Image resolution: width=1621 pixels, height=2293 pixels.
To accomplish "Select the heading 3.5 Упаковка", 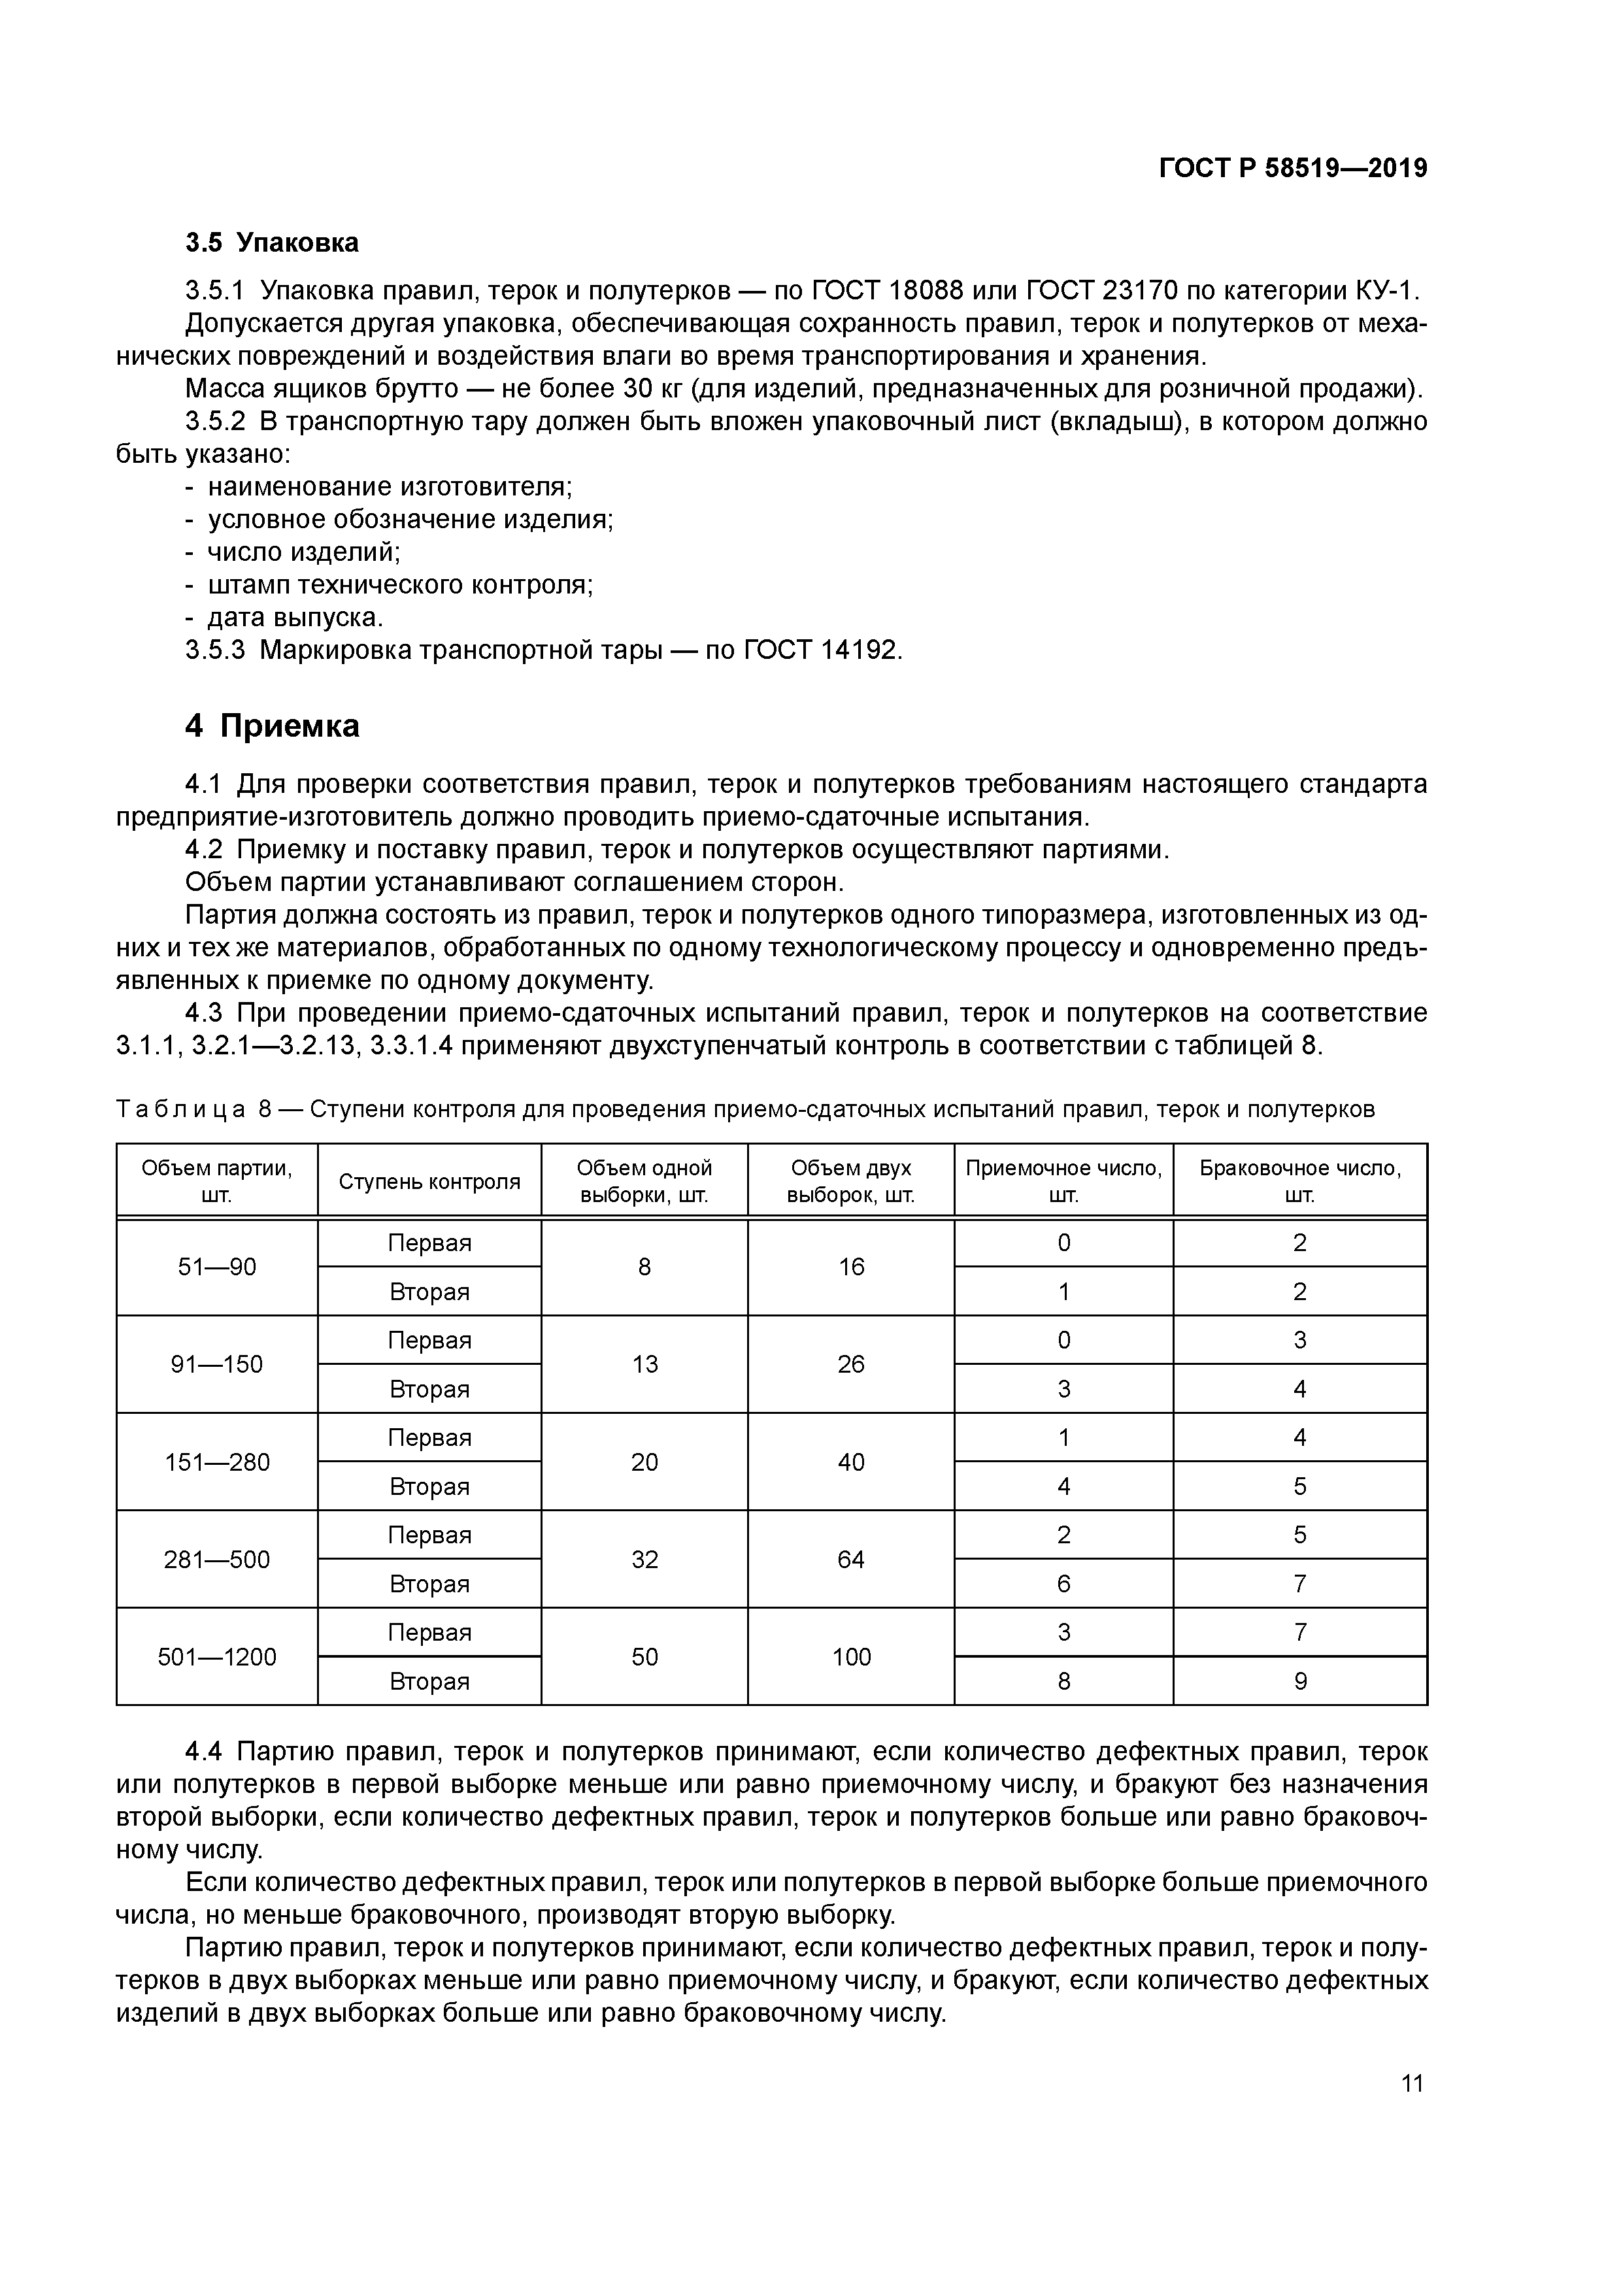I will (x=272, y=243).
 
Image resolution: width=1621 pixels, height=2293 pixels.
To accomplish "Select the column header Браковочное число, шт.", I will (x=1299, y=1181).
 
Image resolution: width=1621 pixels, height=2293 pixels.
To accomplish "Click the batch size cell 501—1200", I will (x=217, y=1657).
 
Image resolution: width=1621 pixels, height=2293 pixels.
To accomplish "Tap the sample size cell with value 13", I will (x=644, y=1364).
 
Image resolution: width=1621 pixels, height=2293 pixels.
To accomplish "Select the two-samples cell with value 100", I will (x=851, y=1657).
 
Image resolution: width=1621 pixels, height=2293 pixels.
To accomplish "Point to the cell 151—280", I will (x=217, y=1462).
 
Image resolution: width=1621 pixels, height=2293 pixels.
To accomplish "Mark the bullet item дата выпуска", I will (x=295, y=617).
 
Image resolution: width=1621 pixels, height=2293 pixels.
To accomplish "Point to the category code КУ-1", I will (x=1386, y=291).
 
